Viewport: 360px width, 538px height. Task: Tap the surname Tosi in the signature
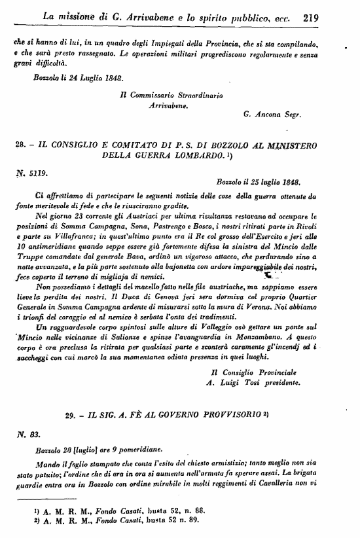coord(251,383)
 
